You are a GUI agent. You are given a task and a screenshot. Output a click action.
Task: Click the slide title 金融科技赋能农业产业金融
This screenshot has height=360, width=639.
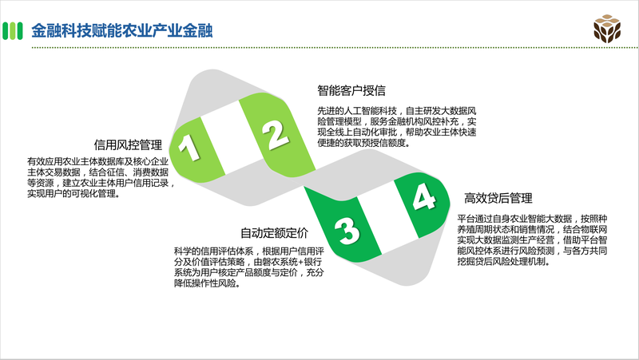tap(122, 31)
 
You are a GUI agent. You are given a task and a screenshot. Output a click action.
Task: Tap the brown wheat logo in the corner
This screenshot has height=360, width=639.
tap(607, 29)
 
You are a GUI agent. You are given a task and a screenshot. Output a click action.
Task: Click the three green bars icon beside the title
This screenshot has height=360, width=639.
tap(13, 31)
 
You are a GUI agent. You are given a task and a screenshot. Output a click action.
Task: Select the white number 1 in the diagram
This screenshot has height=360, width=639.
tap(189, 147)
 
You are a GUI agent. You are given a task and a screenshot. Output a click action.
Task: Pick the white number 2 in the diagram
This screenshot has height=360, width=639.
tap(276, 134)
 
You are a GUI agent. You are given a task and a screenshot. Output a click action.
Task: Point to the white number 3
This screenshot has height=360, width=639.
tap(347, 231)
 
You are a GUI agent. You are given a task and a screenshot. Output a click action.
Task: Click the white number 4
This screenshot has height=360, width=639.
tap(424, 196)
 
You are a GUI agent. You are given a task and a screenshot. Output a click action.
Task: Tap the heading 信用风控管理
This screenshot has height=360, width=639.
tap(128, 144)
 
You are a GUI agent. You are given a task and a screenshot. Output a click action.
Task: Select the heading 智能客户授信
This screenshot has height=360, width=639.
tap(351, 90)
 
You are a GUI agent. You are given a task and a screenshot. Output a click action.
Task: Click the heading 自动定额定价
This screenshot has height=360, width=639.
tap(274, 233)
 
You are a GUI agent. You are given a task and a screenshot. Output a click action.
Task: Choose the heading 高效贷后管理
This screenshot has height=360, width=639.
tap(498, 198)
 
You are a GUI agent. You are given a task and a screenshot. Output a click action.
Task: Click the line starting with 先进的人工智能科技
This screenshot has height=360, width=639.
tap(397, 111)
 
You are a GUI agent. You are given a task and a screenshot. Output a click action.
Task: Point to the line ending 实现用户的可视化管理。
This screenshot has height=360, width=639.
tap(74, 193)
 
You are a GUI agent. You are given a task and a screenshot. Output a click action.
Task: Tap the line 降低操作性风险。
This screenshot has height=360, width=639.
tap(208, 283)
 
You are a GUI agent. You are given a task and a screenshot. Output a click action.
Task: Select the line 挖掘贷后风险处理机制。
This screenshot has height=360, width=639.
tap(504, 262)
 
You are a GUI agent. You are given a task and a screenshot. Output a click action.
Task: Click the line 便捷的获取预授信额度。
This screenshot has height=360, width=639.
tap(364, 143)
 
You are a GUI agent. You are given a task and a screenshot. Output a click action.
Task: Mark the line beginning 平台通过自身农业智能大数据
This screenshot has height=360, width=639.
tap(532, 219)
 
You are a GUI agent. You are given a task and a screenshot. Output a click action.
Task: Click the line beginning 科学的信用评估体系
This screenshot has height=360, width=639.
tap(249, 251)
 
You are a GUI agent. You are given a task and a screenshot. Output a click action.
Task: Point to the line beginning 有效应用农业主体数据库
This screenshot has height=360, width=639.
tap(97, 162)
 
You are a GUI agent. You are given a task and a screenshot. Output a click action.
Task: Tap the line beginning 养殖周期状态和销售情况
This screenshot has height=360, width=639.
tap(532, 229)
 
